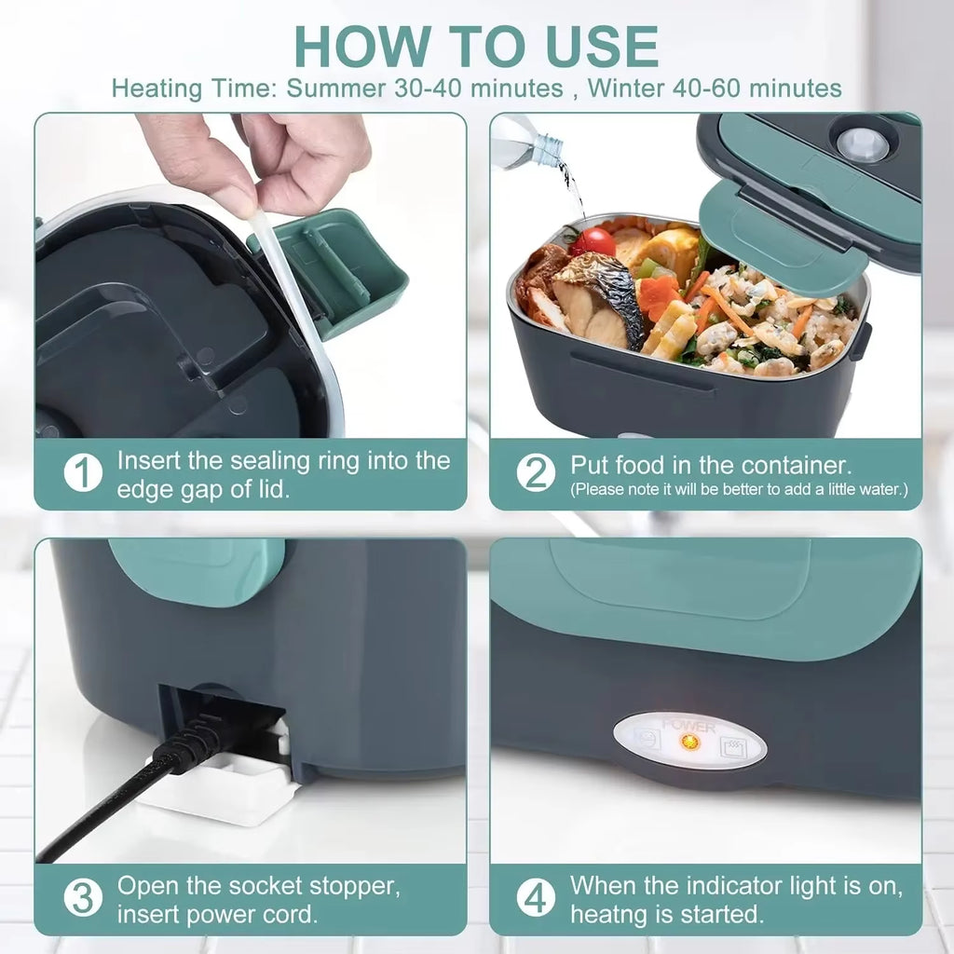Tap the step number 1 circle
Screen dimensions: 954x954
[x=83, y=474]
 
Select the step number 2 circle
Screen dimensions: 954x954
[x=536, y=474]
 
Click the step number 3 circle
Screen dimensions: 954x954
[x=83, y=899]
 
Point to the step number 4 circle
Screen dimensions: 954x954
[x=536, y=899]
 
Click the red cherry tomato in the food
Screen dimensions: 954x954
[x=593, y=242]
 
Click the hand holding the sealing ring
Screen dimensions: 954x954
[x=261, y=158]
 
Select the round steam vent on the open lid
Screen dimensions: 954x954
[x=862, y=144]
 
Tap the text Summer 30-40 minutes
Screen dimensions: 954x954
[x=424, y=89]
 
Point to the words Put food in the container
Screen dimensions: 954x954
[x=711, y=465]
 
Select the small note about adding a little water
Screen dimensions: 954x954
[x=739, y=489]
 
